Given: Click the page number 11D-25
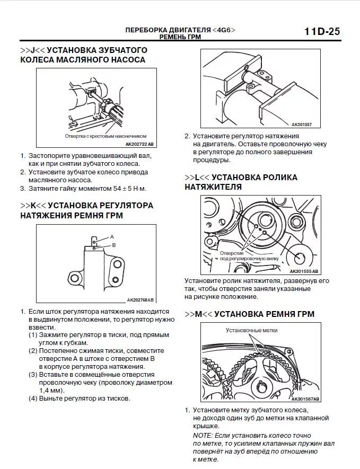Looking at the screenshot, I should pyautogui.click(x=322, y=31).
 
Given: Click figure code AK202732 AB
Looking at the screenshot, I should pyautogui.click(x=139, y=144).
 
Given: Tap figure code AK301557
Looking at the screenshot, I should pyautogui.click(x=302, y=125).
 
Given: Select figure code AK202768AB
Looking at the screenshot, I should pyautogui.click(x=140, y=299).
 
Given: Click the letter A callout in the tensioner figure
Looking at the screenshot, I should pyautogui.click(x=112, y=236).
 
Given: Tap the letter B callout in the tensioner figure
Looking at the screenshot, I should pyautogui.click(x=113, y=245).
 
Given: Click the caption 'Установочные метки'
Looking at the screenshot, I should pyautogui.click(x=251, y=330).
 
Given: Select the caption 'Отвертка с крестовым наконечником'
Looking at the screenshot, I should pyautogui.click(x=106, y=136).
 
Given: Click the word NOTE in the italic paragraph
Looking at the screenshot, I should pyautogui.click(x=203, y=435).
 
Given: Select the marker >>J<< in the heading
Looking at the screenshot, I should pyautogui.click(x=31, y=50).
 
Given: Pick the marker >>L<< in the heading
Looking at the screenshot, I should pyautogui.click(x=196, y=178).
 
